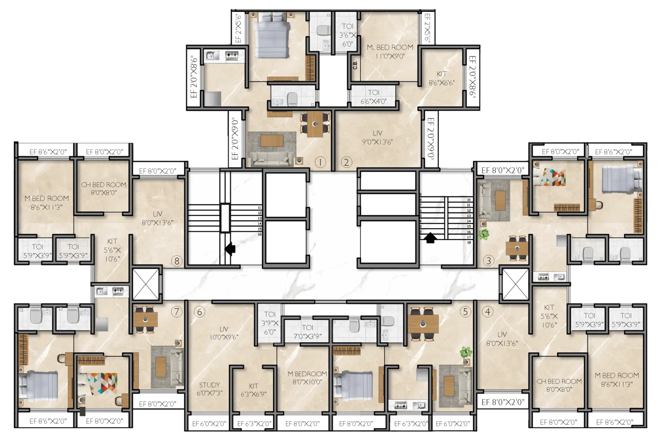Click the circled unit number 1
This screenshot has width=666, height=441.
point(320,162)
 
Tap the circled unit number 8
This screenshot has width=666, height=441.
point(177,261)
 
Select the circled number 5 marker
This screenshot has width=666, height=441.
point(465,312)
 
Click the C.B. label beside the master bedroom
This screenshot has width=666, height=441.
point(355,65)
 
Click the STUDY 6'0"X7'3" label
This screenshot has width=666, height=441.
point(209,389)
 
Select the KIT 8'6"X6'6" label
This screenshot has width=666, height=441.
point(441,78)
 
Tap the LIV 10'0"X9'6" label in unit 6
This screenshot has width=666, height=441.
point(223,333)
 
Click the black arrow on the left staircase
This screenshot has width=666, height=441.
point(230,249)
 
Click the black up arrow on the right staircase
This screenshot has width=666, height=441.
point(430,237)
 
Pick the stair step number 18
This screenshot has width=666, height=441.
point(469,243)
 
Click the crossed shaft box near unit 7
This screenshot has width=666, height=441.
point(146,284)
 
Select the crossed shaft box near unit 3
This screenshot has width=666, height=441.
point(515,284)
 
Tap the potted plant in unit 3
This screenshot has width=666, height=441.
point(483,234)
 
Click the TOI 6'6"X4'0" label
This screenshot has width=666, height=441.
point(373,97)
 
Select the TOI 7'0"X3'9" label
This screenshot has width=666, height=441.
point(307,331)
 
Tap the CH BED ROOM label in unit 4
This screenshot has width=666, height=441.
point(559,385)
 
